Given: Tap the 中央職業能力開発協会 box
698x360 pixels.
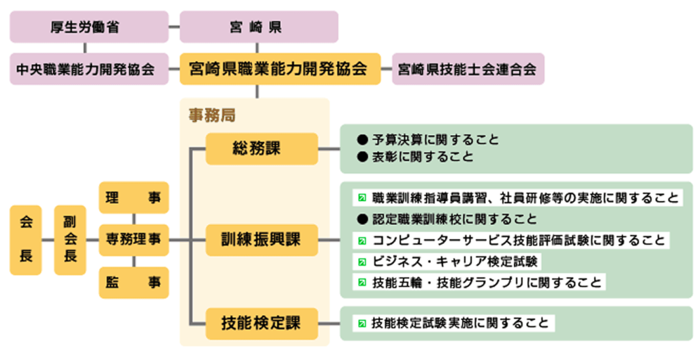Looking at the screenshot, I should (x=89, y=69).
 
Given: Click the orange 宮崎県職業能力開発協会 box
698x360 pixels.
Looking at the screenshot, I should (x=279, y=69).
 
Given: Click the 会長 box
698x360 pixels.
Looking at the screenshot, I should (x=26, y=240).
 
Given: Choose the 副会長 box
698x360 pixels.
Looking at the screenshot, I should (x=70, y=240).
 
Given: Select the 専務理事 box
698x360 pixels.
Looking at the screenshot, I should (x=134, y=240).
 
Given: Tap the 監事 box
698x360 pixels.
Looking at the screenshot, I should (x=134, y=282).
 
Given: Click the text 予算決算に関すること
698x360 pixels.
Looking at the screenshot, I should (x=436, y=140).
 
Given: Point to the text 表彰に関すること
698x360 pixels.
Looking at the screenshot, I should (x=423, y=157).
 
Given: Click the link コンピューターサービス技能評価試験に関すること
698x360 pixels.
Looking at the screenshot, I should (x=518, y=240).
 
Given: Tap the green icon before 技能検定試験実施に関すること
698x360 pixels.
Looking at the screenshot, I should (x=362, y=323).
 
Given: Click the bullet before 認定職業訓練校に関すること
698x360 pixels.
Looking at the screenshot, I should (x=362, y=219).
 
